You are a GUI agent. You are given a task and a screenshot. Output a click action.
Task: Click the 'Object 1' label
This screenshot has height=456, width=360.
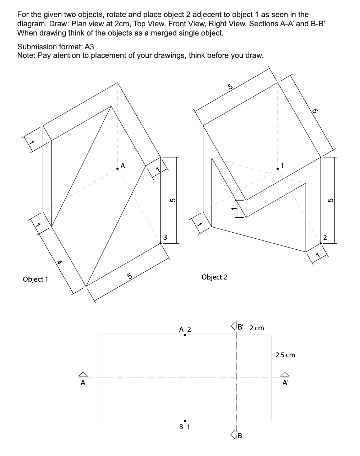click(35, 279)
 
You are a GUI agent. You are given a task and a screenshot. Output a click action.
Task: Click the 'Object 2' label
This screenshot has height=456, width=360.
click(214, 277)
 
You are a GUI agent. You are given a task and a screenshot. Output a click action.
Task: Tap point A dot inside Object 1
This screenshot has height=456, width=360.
click(118, 169)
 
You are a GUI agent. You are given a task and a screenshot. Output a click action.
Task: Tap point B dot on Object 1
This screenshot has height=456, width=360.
click(160, 243)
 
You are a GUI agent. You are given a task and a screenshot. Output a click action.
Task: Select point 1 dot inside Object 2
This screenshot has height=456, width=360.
click(278, 169)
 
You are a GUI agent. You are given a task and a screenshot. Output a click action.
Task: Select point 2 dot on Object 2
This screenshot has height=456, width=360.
click(321, 243)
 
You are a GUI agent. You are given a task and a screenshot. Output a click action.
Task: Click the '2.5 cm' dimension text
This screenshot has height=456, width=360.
click(285, 355)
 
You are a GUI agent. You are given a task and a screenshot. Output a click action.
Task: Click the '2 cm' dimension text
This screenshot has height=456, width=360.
click(257, 328)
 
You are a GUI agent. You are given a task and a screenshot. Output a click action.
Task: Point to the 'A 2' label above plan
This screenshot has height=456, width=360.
click(185, 329)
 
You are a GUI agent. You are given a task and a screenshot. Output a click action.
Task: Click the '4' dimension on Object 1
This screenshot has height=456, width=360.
click(60, 262)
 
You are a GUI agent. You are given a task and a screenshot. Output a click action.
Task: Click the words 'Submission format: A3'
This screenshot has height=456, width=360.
click(55, 47)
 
